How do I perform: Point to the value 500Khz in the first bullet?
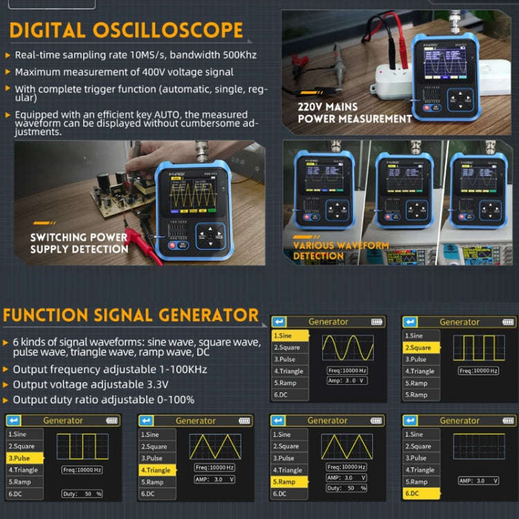click(x=239, y=55)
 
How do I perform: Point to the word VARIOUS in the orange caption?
click(x=319, y=246)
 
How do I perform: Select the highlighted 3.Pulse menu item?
click(x=24, y=458)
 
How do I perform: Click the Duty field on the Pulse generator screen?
click(x=82, y=493)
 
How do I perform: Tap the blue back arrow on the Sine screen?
click(x=279, y=322)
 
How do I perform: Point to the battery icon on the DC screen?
click(x=506, y=420)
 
